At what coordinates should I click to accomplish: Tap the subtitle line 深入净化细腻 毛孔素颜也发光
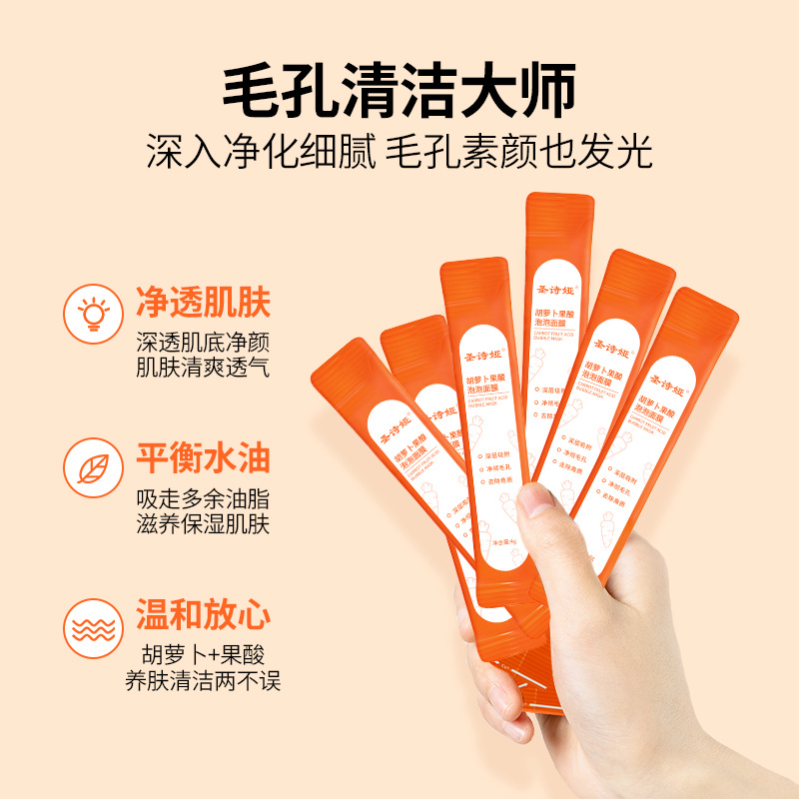399,153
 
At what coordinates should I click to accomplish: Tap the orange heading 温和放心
203,617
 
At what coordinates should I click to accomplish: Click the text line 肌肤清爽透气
203,367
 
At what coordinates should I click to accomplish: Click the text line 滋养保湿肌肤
203,524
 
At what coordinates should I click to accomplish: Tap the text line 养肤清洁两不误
203,682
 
